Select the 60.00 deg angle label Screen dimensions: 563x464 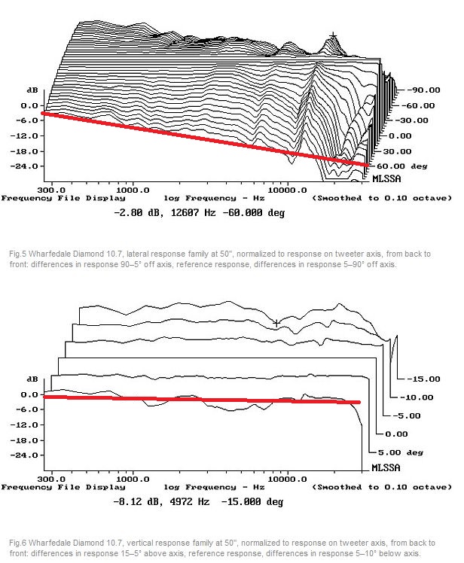pyautogui.click(x=400, y=165)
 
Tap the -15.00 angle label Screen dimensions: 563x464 pyautogui.click(x=421, y=378)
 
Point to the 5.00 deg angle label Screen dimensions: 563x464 pyautogui.click(x=399, y=452)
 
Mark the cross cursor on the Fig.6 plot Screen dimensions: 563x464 pyautogui.click(x=276, y=323)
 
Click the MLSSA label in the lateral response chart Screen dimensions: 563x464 pyautogui.click(x=386, y=179)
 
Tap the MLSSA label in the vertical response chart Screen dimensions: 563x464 pyautogui.click(x=386, y=467)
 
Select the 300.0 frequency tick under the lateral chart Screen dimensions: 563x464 pyautogui.click(x=50, y=189)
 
